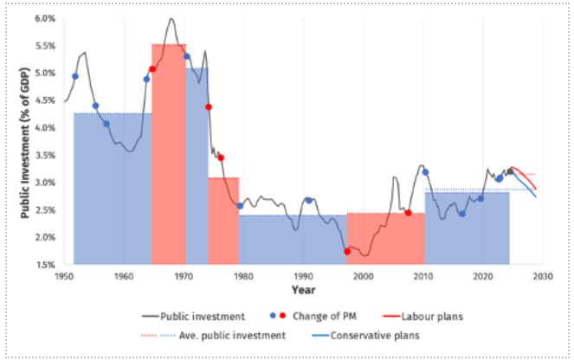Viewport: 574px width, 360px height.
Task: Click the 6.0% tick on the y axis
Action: click(x=45, y=18)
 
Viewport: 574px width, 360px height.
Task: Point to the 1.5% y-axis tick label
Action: click(x=45, y=265)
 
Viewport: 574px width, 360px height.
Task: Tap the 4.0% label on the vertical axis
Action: click(x=45, y=128)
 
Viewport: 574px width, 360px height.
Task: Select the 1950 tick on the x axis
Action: click(x=63, y=276)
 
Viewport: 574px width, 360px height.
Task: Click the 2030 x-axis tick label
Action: click(x=543, y=276)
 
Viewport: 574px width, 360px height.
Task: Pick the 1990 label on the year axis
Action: click(x=303, y=276)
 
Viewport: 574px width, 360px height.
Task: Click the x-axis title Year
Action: click(x=303, y=289)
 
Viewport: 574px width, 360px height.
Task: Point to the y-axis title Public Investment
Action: click(x=26, y=141)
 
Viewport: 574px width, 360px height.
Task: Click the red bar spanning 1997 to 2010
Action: click(x=385, y=238)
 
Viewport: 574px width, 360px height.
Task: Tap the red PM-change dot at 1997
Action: click(x=347, y=252)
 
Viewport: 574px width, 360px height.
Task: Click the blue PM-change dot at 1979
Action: click(x=240, y=206)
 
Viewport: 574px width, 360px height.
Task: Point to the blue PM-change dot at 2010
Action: click(x=425, y=172)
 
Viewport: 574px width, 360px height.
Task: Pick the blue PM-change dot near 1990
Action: click(x=308, y=201)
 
